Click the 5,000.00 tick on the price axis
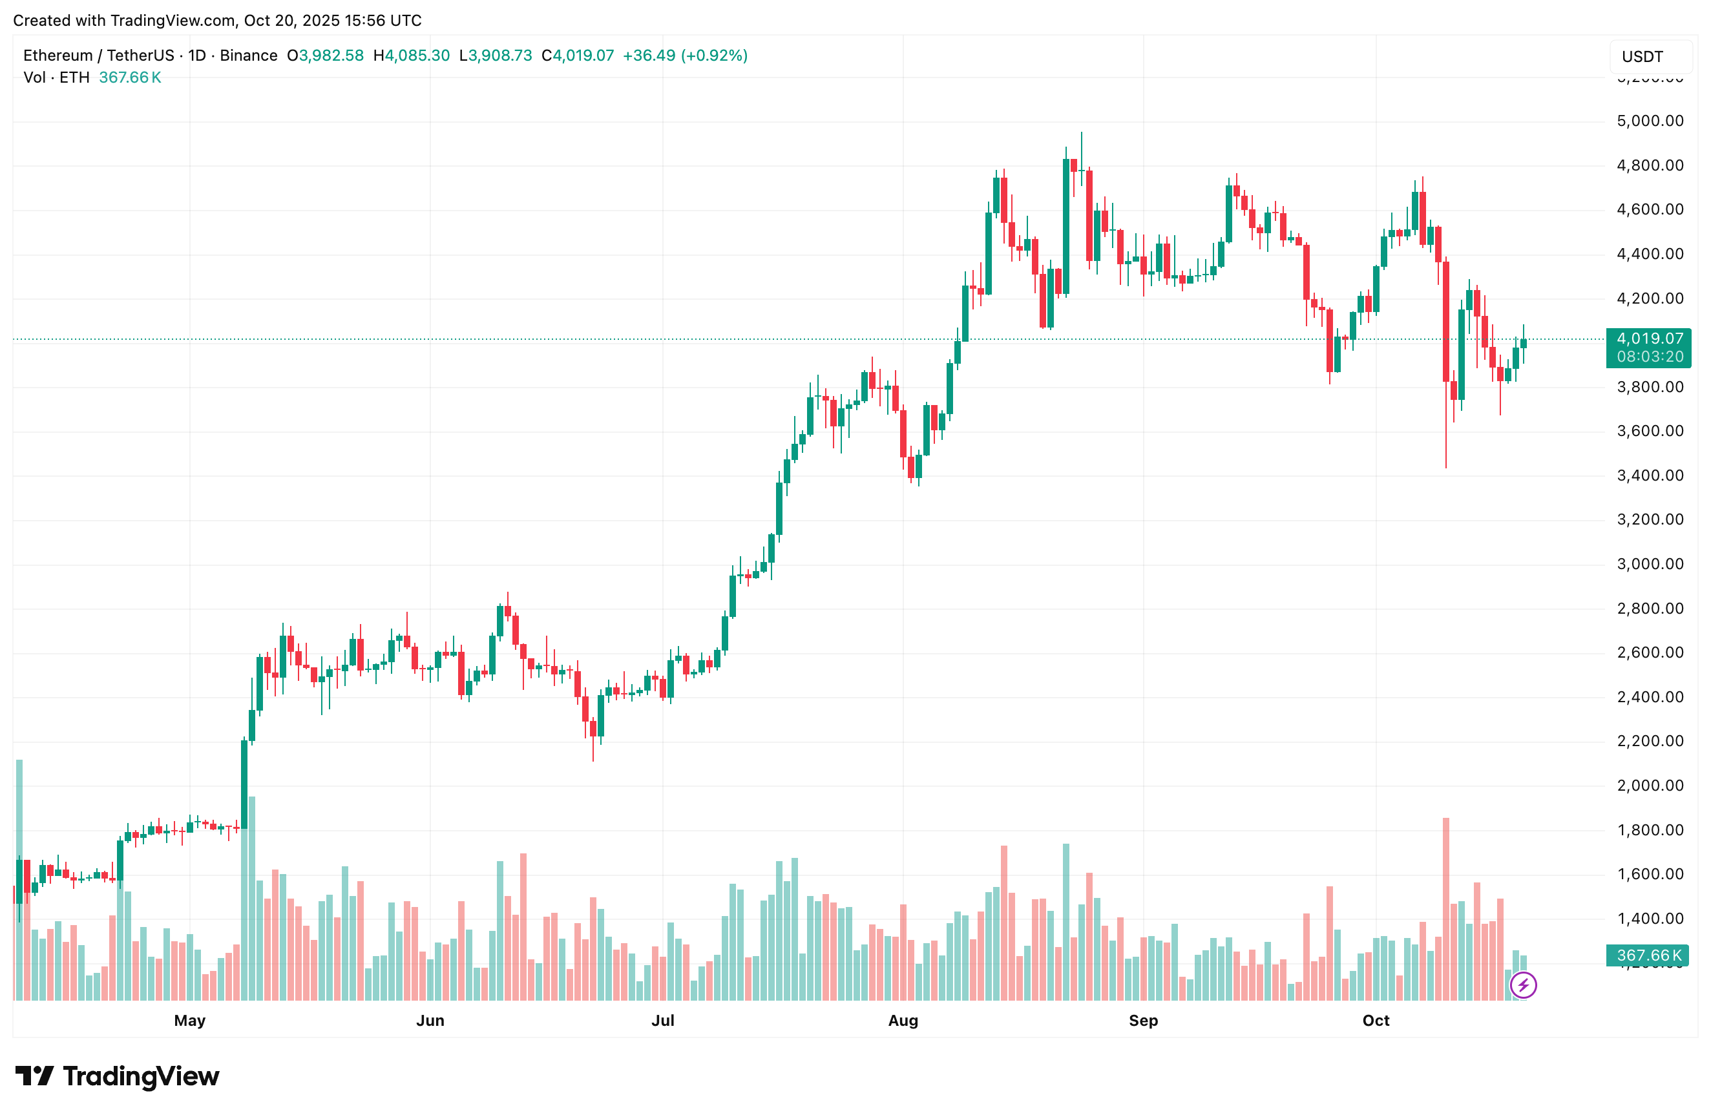click(x=1649, y=121)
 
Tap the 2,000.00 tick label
click(x=1649, y=786)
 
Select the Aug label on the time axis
click(x=903, y=1020)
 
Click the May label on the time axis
click(x=190, y=1020)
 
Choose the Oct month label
click(x=1375, y=1020)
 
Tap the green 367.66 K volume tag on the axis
click(x=1648, y=955)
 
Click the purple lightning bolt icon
click(x=1522, y=985)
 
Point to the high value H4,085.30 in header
click(x=411, y=56)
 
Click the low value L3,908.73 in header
click(x=496, y=56)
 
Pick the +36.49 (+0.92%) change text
click(x=684, y=56)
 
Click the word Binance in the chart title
click(x=248, y=56)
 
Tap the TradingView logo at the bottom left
click(x=117, y=1076)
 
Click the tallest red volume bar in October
click(x=1445, y=910)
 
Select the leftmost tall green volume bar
click(x=19, y=881)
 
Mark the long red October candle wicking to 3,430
click(x=1445, y=324)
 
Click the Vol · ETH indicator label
click(x=56, y=78)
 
